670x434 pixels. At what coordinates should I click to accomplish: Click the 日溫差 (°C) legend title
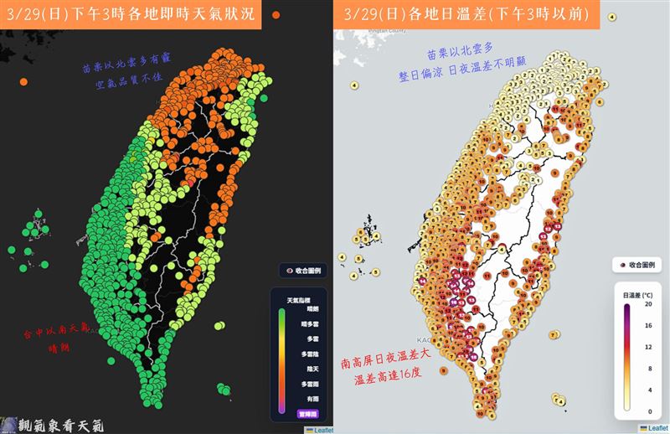(x=638, y=294)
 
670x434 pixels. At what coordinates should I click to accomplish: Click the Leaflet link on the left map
(x=320, y=428)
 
